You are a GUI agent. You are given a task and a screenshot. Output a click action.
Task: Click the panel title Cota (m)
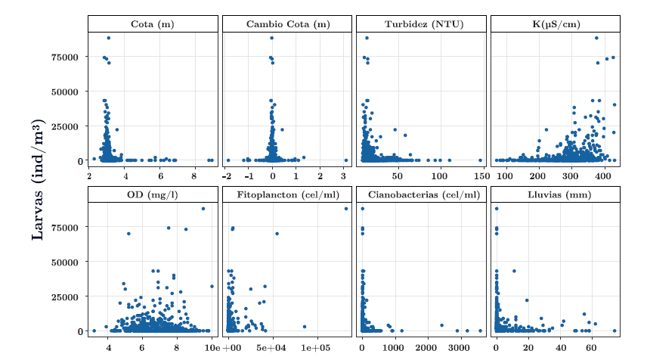[152, 24]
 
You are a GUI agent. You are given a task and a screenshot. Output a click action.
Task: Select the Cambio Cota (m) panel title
[288, 24]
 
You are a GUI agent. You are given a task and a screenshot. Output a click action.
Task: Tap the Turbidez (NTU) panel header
[420, 24]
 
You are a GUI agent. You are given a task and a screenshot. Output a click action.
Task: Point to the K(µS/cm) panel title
[556, 24]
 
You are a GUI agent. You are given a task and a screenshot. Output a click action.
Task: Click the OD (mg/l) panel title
[152, 194]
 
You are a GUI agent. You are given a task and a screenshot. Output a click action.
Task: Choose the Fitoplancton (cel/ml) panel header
[288, 194]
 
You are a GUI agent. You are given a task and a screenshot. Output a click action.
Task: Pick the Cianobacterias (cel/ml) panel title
[420, 194]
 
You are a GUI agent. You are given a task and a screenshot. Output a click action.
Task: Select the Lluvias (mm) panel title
[556, 194]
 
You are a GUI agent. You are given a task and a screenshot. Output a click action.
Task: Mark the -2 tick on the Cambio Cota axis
[227, 176]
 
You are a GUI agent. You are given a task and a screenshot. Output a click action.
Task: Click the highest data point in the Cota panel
[109, 38]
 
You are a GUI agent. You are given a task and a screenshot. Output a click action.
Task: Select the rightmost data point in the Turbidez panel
[480, 160]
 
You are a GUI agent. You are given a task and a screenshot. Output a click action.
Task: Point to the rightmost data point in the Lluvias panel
[614, 331]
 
